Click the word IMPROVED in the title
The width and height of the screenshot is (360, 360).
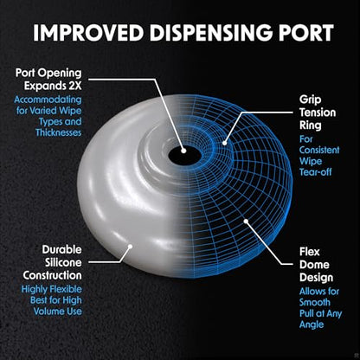pos(88,33)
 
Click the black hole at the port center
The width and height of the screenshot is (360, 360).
pos(185,156)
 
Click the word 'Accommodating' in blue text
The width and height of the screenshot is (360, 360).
pos(48,100)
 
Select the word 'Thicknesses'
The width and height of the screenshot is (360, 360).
pos(59,132)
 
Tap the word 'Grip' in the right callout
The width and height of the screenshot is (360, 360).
pos(310,100)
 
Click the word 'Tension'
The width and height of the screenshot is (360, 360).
pos(318,112)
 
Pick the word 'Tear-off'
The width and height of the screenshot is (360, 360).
pos(316,172)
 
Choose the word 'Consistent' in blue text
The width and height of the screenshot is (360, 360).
pos(319,150)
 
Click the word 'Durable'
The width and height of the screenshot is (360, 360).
pos(61,249)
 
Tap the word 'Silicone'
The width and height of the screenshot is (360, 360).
pos(63,262)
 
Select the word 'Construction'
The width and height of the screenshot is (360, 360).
pos(52,275)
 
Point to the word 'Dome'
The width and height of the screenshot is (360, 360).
pos(314,265)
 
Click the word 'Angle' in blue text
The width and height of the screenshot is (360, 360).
pos(312,325)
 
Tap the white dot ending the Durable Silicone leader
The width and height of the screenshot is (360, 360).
pos(130,247)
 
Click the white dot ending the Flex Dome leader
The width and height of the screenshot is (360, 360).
pos(246,222)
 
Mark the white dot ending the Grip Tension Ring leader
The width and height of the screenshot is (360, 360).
pos(224,143)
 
